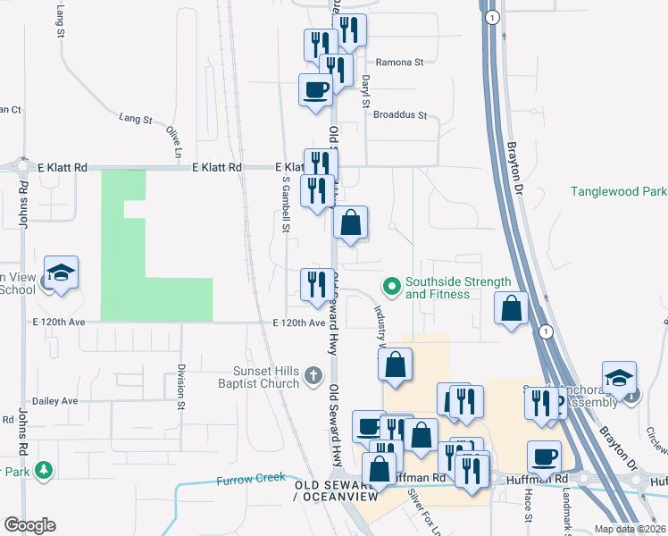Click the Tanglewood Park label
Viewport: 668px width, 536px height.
[619, 191]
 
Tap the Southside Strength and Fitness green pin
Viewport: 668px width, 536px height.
[390, 287]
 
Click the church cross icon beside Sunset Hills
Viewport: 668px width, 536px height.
[313, 377]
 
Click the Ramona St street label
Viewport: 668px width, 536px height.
[398, 63]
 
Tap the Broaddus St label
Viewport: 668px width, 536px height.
[401, 115]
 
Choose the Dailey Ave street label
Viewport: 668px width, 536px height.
[54, 401]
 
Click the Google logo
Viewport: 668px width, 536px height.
[29, 525]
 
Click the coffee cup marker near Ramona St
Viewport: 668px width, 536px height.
[315, 90]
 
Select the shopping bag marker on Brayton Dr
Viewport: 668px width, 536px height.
[510, 309]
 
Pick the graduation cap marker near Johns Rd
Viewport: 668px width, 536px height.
[61, 273]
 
